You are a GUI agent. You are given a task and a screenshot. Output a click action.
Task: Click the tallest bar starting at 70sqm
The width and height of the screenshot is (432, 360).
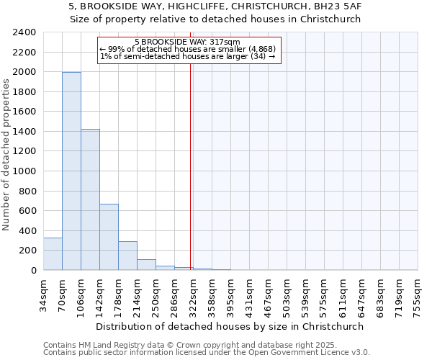(x=71, y=171)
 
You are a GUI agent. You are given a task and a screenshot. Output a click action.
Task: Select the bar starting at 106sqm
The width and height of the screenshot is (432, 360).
(x=90, y=199)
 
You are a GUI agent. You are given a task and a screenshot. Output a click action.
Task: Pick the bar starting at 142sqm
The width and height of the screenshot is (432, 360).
(x=109, y=237)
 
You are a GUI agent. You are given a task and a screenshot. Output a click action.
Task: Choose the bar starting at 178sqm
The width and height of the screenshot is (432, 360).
(x=127, y=256)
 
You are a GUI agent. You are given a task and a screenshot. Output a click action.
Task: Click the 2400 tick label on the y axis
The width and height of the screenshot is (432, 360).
(x=24, y=32)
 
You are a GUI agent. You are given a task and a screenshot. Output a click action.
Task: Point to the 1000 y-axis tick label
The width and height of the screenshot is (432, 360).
(x=24, y=171)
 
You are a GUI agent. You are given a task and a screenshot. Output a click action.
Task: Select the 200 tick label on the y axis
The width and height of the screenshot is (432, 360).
(x=27, y=251)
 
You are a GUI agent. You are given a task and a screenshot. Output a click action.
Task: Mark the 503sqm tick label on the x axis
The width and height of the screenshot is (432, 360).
(x=287, y=294)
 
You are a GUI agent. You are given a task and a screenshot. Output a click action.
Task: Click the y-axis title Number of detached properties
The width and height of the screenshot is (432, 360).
(x=6, y=151)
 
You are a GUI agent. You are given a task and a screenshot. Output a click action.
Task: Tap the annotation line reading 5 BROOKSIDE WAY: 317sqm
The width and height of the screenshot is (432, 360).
(x=187, y=42)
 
